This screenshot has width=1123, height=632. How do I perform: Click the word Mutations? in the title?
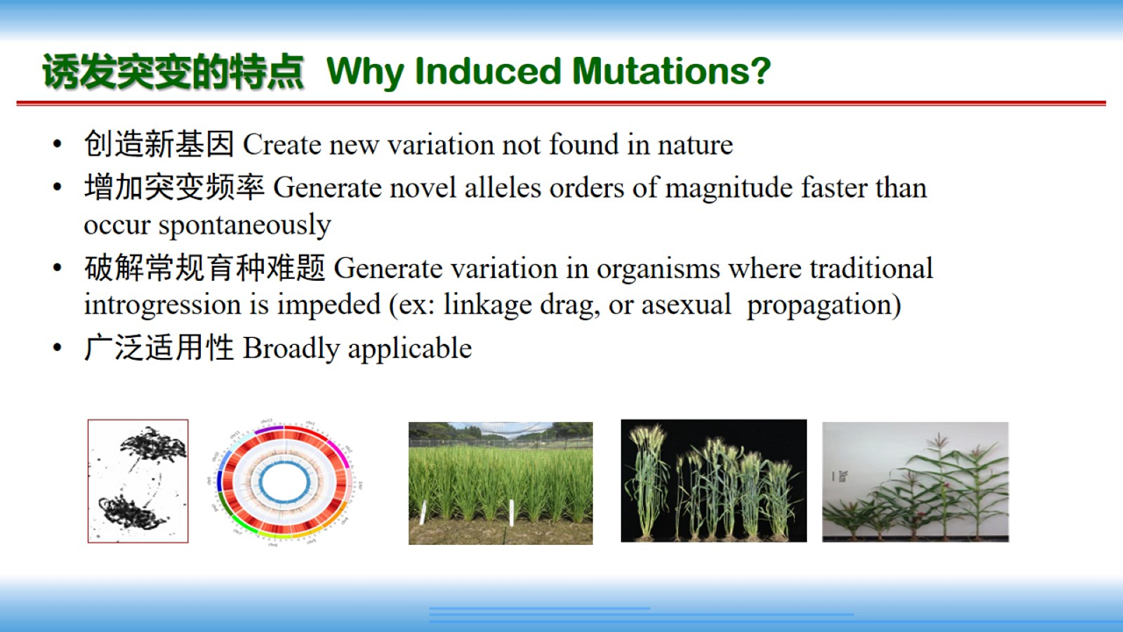click(x=671, y=71)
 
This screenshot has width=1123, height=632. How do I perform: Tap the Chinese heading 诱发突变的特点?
click(x=173, y=72)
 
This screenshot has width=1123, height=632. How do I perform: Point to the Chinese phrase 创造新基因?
click(x=159, y=144)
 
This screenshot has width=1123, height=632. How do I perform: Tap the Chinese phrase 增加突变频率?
click(x=174, y=187)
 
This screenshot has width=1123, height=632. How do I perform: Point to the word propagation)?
click(x=824, y=305)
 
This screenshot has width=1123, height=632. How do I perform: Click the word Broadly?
click(x=291, y=348)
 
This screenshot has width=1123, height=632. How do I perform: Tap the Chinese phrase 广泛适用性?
click(x=159, y=348)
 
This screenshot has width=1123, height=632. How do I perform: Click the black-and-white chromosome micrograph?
click(x=138, y=481)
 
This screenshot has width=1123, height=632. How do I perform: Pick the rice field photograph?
click(x=500, y=483)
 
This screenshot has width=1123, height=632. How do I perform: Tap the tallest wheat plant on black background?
click(x=649, y=482)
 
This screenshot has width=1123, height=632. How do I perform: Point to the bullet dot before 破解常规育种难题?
click(x=57, y=268)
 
